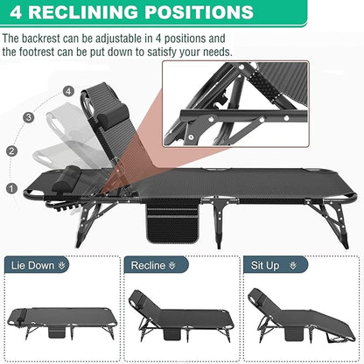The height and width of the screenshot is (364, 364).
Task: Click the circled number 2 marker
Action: [x=12, y=150]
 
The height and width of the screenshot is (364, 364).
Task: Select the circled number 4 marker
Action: [x=67, y=91]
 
